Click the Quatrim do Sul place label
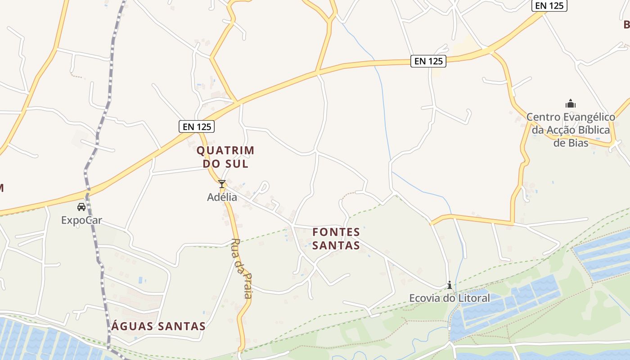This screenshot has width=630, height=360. [225, 157]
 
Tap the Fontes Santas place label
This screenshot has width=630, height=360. [336, 239]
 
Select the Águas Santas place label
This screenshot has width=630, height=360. [158, 326]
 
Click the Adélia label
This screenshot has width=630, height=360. [222, 197]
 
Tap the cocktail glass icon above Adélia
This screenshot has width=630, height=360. [221, 184]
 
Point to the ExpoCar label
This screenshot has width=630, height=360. [81, 220]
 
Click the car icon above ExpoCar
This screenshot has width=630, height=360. [81, 207]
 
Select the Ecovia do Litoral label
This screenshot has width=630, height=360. [449, 298]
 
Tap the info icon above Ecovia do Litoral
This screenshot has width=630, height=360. [449, 285]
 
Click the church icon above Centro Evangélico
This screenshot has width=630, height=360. [571, 104]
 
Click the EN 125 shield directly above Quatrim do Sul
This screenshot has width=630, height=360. [197, 126]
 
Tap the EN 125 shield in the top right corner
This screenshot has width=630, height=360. [549, 5]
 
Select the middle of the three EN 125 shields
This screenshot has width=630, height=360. [428, 61]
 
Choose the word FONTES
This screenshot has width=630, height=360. [336, 232]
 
